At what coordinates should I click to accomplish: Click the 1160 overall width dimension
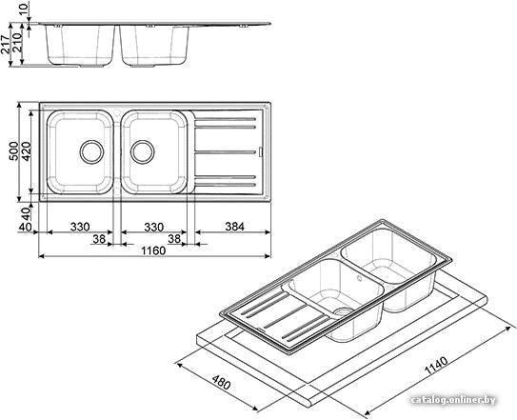(153, 250)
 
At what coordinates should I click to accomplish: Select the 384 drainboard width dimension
(234, 227)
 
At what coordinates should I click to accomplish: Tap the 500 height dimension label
(13, 151)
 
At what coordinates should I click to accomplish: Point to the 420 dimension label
(26, 151)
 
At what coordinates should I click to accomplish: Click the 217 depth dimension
(6, 44)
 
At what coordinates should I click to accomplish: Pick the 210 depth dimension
(17, 42)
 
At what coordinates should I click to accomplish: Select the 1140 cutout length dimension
(436, 366)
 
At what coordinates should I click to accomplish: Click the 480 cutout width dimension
(221, 382)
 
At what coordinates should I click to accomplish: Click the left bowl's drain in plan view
(91, 152)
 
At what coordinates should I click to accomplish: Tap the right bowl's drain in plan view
(143, 152)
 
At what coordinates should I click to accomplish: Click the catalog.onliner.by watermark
(453, 400)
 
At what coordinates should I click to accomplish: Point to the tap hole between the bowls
(117, 112)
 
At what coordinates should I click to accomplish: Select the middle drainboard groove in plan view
(226, 152)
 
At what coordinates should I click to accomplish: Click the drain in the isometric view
(343, 311)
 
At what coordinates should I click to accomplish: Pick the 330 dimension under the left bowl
(80, 227)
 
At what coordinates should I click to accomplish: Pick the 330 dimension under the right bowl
(153, 227)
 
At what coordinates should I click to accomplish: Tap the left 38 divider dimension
(99, 238)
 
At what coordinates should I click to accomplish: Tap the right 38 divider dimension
(174, 238)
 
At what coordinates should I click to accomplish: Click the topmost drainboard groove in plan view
(226, 119)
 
